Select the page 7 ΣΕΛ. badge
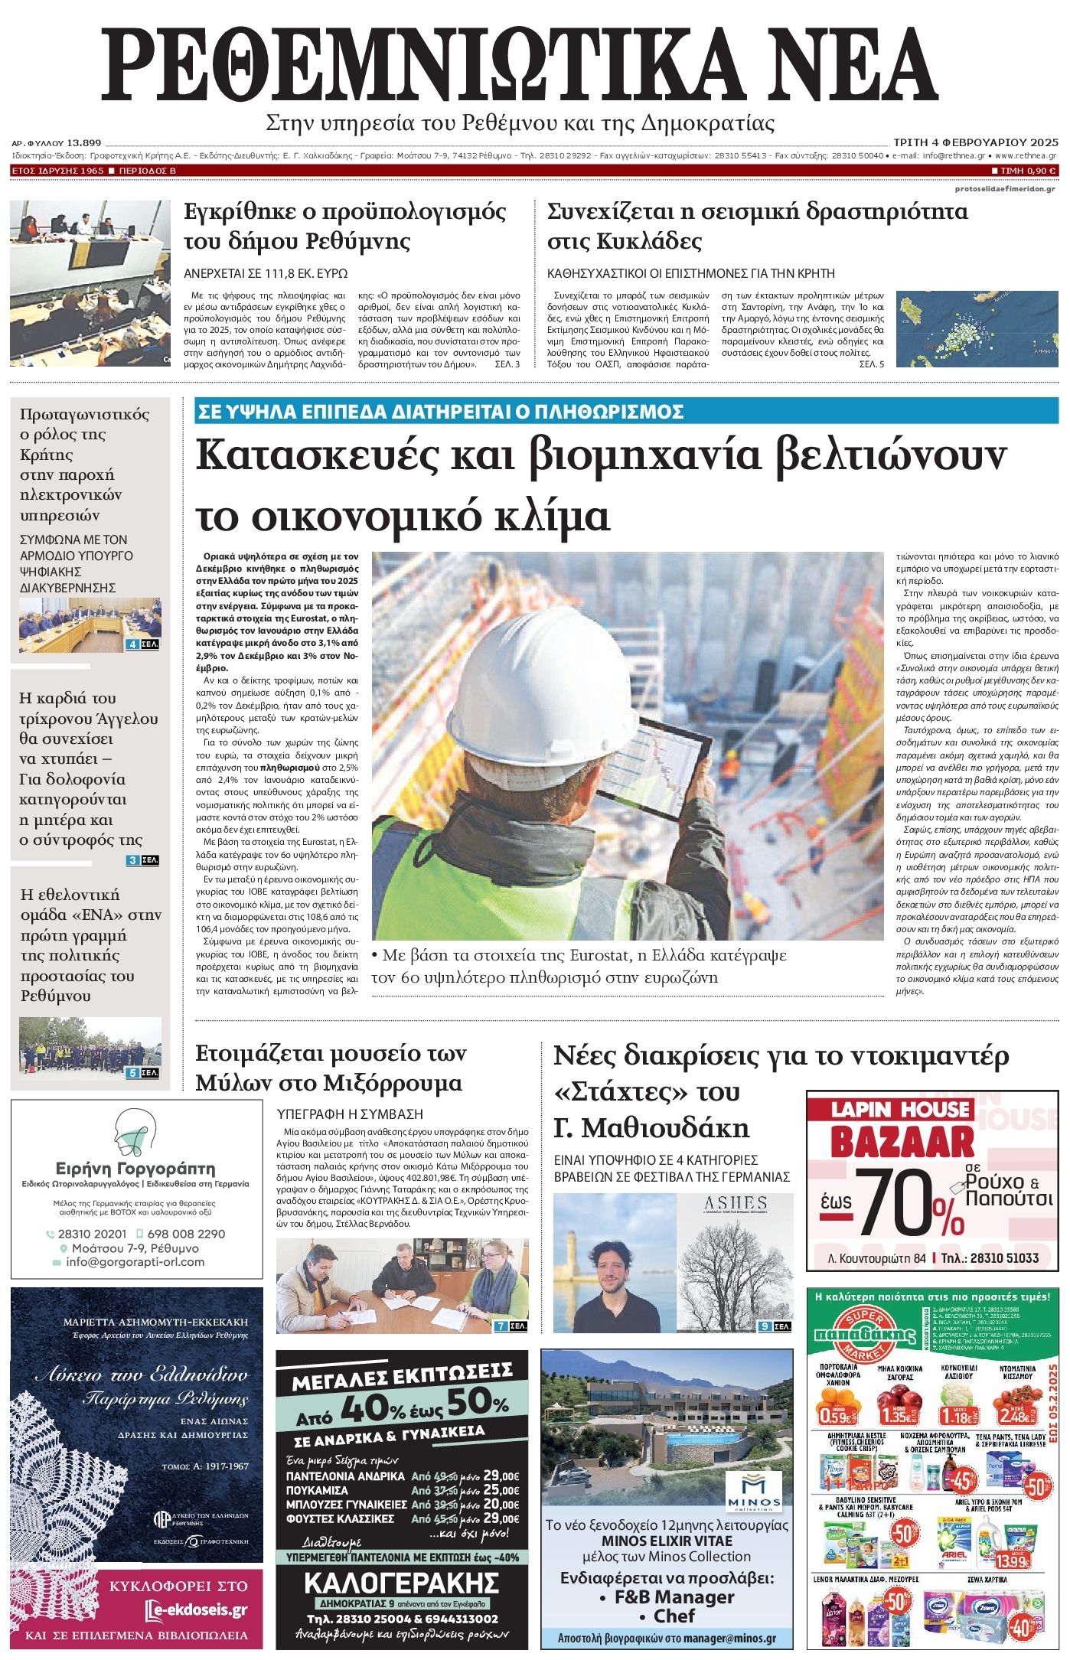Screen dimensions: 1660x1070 (x=511, y=1326)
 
